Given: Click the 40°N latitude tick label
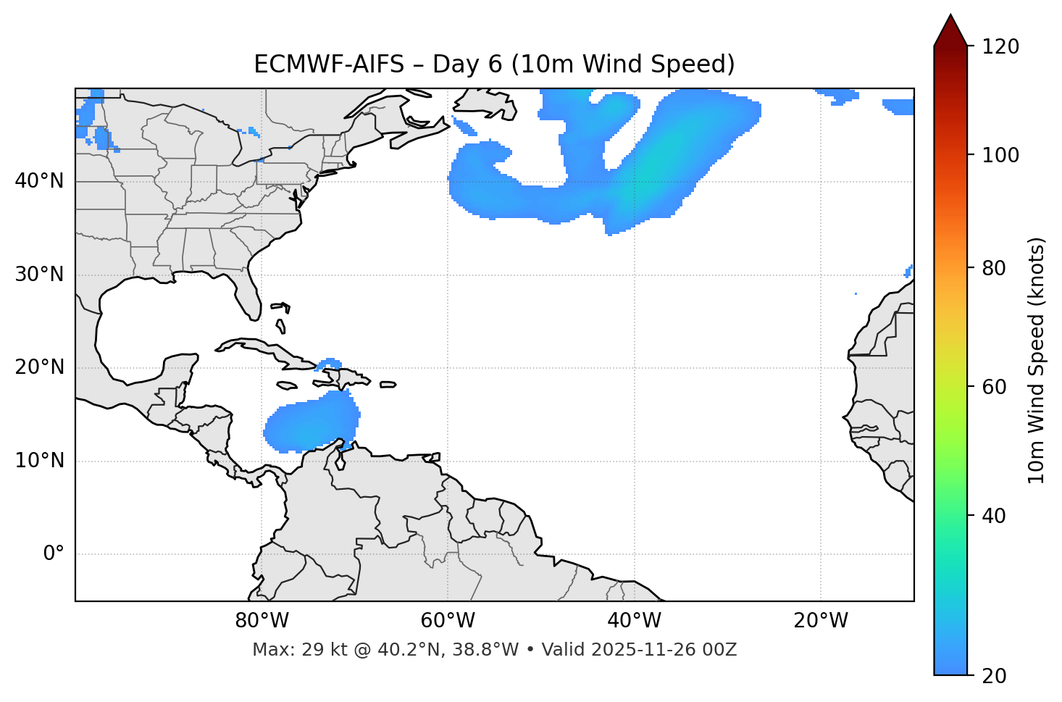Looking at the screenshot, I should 39,181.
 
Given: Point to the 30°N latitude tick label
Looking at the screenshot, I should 39,275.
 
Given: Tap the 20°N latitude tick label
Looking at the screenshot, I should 39,367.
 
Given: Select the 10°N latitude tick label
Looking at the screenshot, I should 39,461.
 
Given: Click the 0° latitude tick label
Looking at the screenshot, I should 54,554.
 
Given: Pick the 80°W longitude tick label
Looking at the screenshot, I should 262,621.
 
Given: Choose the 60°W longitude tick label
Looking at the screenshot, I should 448,621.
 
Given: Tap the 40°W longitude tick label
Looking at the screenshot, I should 634,621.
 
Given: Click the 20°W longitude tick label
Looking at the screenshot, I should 821,621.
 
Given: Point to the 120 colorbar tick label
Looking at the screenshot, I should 1000,47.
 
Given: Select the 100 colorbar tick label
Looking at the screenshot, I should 1000,155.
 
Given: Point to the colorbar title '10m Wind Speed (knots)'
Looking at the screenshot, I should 1037,360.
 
